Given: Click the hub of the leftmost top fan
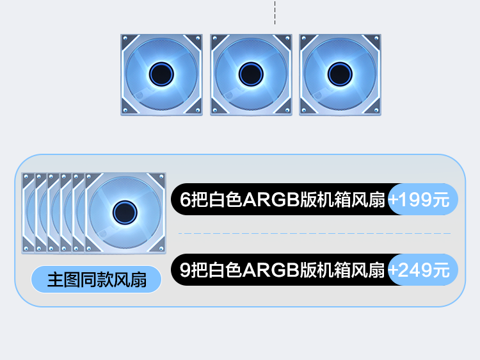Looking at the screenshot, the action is (x=161, y=75).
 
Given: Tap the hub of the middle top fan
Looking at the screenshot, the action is (x=251, y=75).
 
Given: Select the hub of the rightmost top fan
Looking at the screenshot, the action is (x=340, y=75).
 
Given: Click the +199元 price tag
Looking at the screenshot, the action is (x=423, y=200).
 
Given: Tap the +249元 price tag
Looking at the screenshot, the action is (x=423, y=270).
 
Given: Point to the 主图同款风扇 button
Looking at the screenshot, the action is (x=97, y=279).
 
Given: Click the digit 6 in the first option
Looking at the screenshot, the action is (x=186, y=200).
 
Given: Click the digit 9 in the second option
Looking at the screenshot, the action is (x=186, y=270).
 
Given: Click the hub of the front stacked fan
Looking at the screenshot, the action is (x=124, y=212).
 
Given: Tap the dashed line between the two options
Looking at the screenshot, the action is (x=314, y=234).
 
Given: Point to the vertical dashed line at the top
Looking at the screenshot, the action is (x=275, y=13).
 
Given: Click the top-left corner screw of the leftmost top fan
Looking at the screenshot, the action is (x=125, y=39).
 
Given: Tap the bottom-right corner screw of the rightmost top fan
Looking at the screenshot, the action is (x=376, y=111).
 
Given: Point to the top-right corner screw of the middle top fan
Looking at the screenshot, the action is (x=287, y=39).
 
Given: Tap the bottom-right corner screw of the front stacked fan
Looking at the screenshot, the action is (x=161, y=248).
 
